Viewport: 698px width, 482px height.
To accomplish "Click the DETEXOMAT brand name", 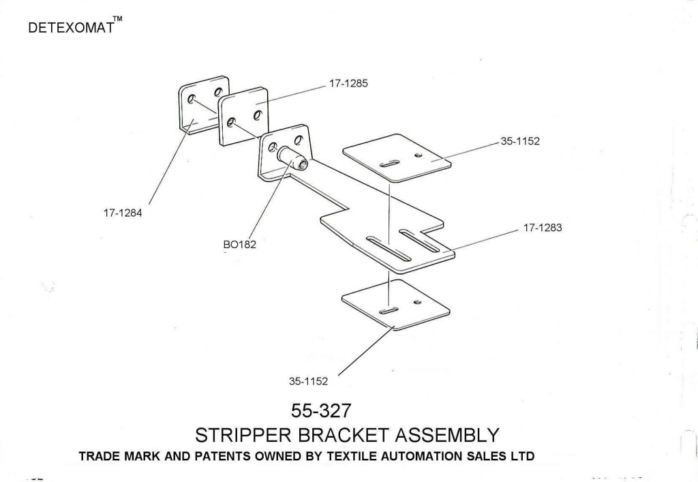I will (71, 30).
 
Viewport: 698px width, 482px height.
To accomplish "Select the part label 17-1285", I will (348, 85).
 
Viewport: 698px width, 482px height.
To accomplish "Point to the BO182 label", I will (239, 245).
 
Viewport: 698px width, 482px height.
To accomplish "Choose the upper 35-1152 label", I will (520, 143).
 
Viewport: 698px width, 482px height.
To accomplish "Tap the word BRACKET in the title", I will (330, 435).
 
